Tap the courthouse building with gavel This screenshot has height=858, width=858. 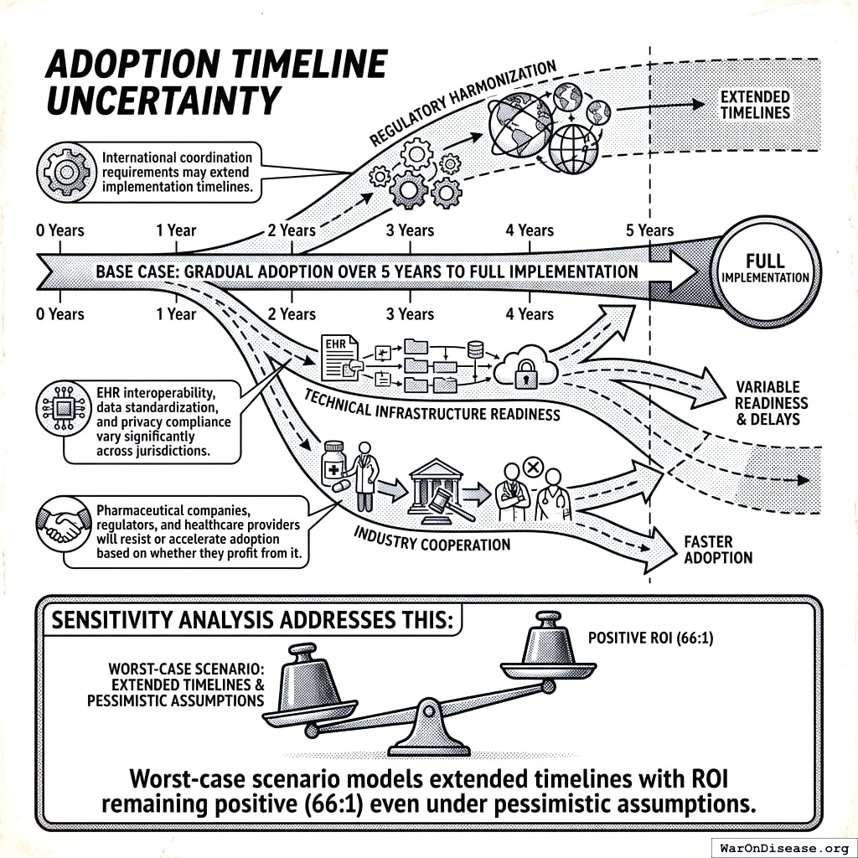click(x=435, y=491)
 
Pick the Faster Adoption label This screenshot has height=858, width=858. click(x=718, y=550)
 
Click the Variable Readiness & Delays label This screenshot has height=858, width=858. click(x=772, y=402)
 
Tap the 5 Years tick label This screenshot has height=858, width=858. click(x=649, y=230)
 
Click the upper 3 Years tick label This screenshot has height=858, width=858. click(x=411, y=230)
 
